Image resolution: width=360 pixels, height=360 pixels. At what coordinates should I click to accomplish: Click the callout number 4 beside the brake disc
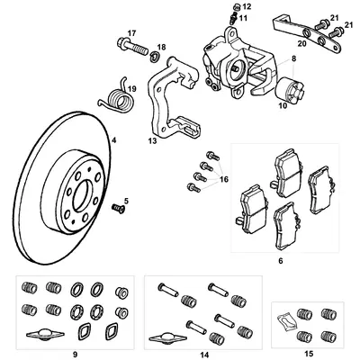113,140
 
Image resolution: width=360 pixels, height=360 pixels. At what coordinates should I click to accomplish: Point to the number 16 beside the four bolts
223,179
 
